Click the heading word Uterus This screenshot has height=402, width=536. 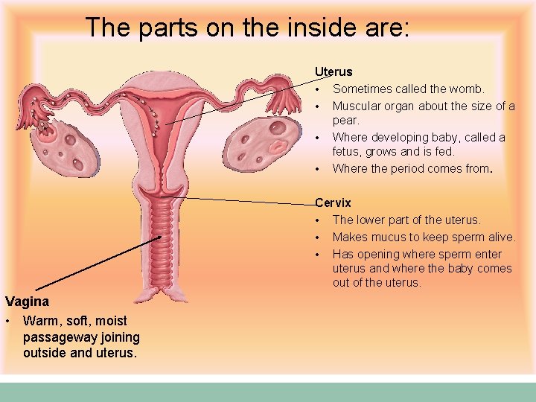(x=334, y=72)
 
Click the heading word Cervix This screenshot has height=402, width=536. (x=333, y=202)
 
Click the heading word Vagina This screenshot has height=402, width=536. (x=27, y=301)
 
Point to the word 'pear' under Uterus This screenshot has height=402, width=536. (x=345, y=120)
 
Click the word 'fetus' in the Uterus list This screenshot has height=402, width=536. (x=347, y=152)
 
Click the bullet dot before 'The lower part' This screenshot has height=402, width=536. (x=317, y=220)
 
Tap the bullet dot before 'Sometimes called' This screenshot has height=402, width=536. (x=317, y=89)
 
